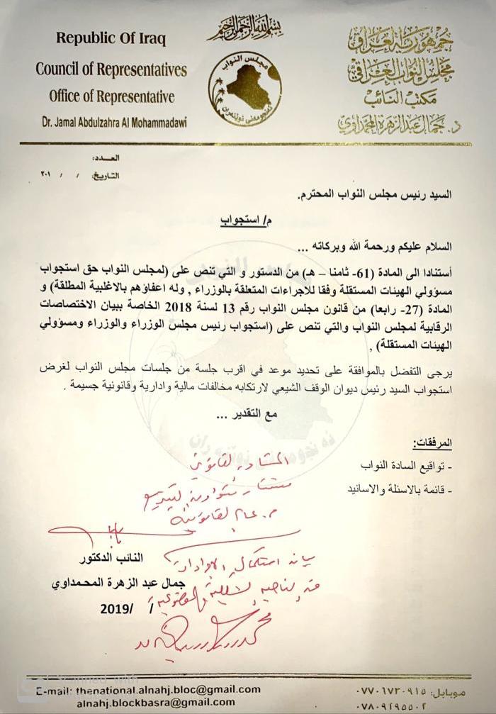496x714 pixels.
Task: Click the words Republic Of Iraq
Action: (111, 38)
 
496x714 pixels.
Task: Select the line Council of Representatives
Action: (111, 69)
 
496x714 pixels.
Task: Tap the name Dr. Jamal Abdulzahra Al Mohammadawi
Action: (111, 123)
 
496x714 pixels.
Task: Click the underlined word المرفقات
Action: (432, 443)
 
